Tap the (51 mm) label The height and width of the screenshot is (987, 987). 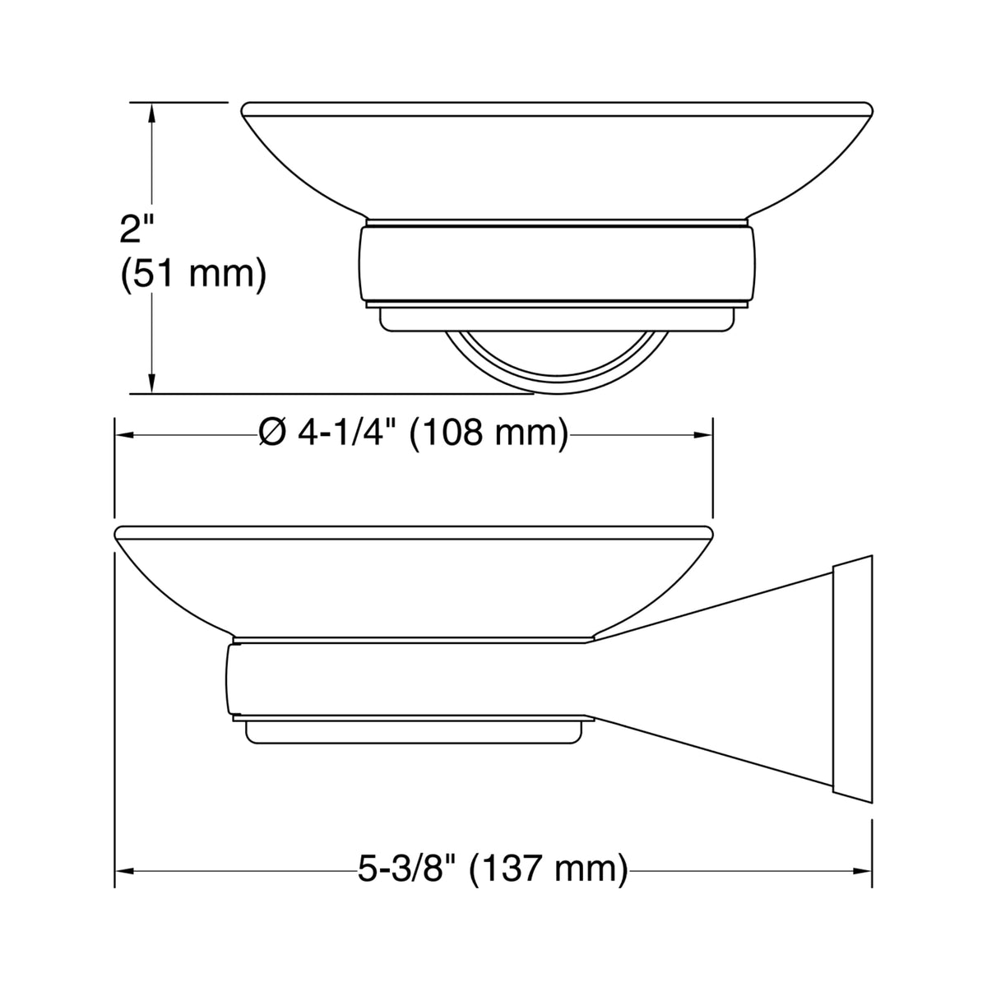[193, 275]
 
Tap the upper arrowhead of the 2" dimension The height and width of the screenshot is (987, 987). [151, 114]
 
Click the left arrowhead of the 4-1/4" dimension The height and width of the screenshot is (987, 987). [125, 435]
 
